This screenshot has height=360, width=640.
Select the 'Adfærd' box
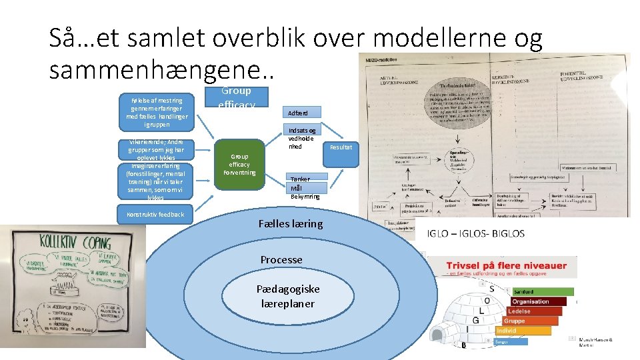pyautogui.click(x=303, y=113)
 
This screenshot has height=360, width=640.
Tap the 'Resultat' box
pyautogui.click(x=341, y=147)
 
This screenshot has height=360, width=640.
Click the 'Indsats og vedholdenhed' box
pyautogui.click(x=303, y=138)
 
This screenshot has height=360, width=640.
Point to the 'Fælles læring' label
pyautogui.click(x=290, y=224)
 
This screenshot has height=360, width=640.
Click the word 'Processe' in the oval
pyautogui.click(x=281, y=259)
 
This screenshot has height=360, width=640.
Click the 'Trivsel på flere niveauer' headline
pyautogui.click(x=506, y=265)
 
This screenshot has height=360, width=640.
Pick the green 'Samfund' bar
pyautogui.click(x=541, y=291)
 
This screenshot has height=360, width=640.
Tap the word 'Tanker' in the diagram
pyautogui.click(x=299, y=179)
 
